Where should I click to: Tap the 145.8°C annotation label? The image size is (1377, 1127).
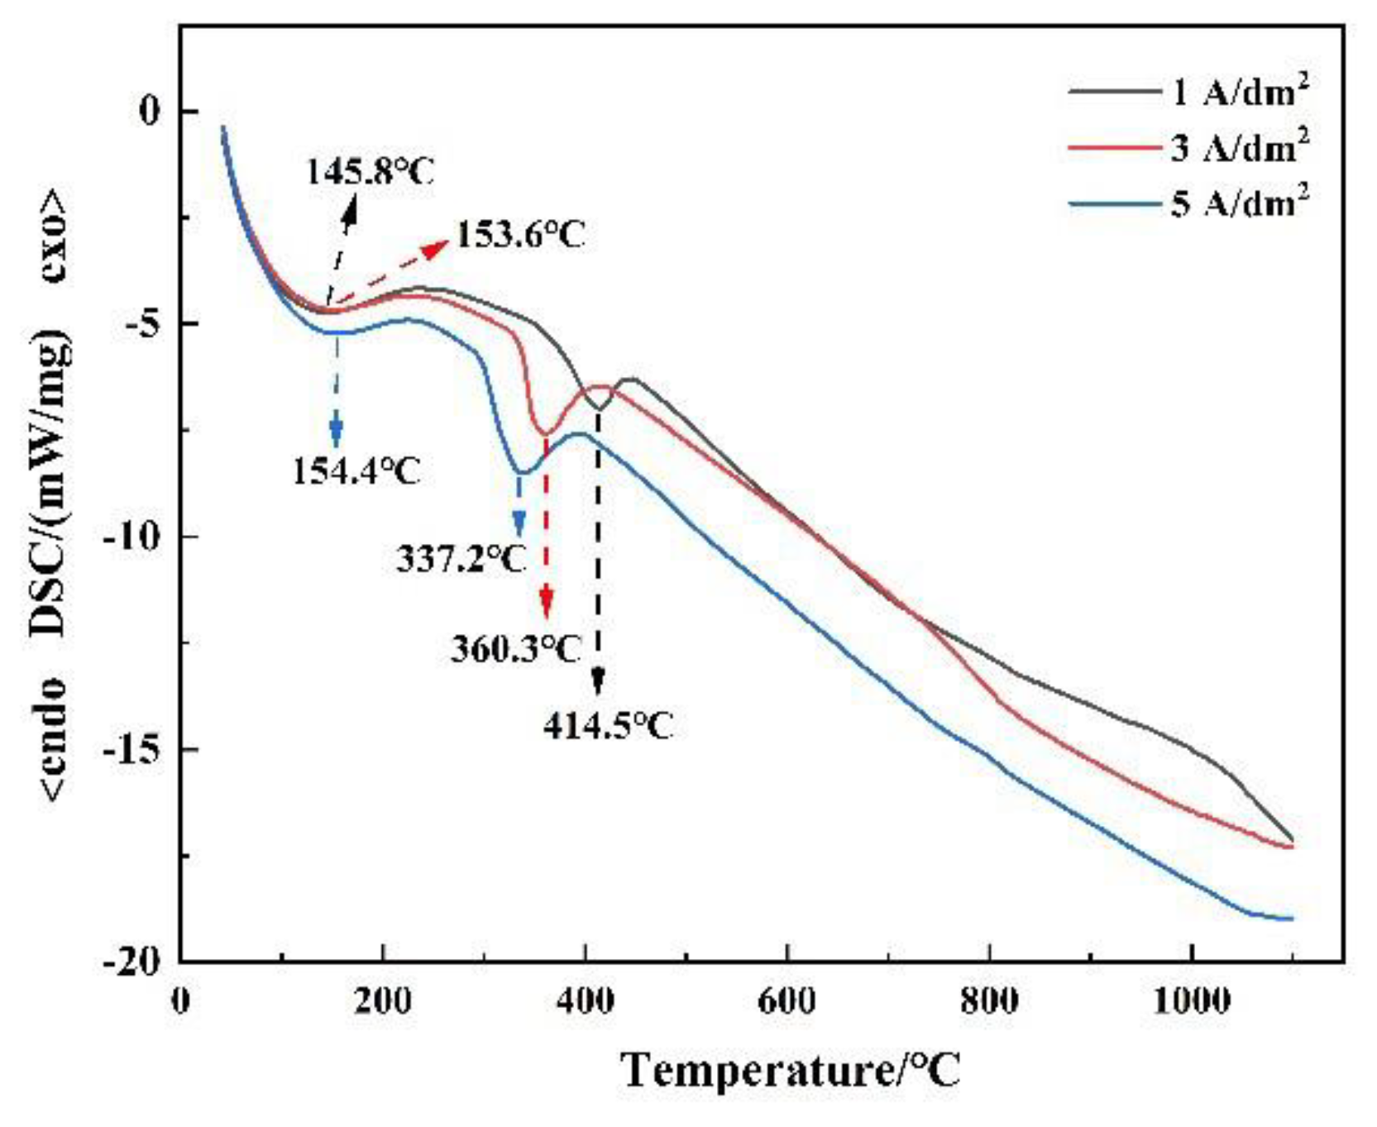[x=370, y=172]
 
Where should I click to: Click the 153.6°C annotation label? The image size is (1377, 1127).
[x=521, y=235]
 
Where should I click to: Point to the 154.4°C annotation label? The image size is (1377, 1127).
[x=356, y=472]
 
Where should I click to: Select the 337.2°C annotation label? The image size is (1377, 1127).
[x=461, y=561]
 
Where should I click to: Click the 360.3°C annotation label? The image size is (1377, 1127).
[x=516, y=649]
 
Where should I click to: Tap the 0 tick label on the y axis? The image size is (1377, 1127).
[x=149, y=111]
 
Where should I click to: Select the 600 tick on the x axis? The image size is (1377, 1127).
[x=787, y=1001]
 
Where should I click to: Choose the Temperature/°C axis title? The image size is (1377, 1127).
[x=791, y=1070]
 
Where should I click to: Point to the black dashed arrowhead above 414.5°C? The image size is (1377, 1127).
[x=598, y=681]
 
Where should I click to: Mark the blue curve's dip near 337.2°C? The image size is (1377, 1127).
[x=521, y=473]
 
